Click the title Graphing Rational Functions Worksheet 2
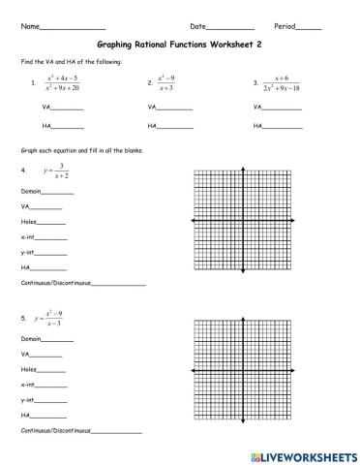point(180,44)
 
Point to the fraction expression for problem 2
point(171,83)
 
